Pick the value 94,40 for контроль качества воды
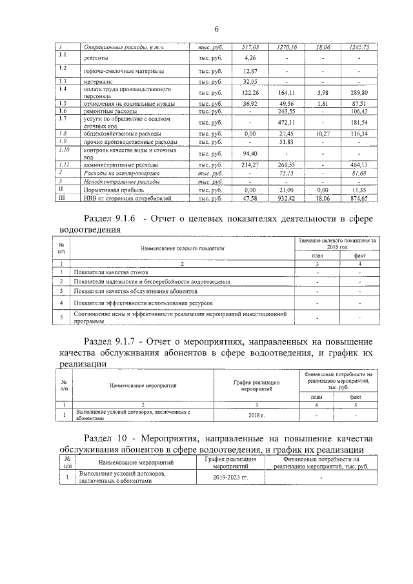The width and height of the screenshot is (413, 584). click(x=250, y=154)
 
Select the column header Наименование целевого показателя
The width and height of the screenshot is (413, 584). click(x=181, y=248)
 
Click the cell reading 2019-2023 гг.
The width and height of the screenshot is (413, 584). click(x=230, y=478)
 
